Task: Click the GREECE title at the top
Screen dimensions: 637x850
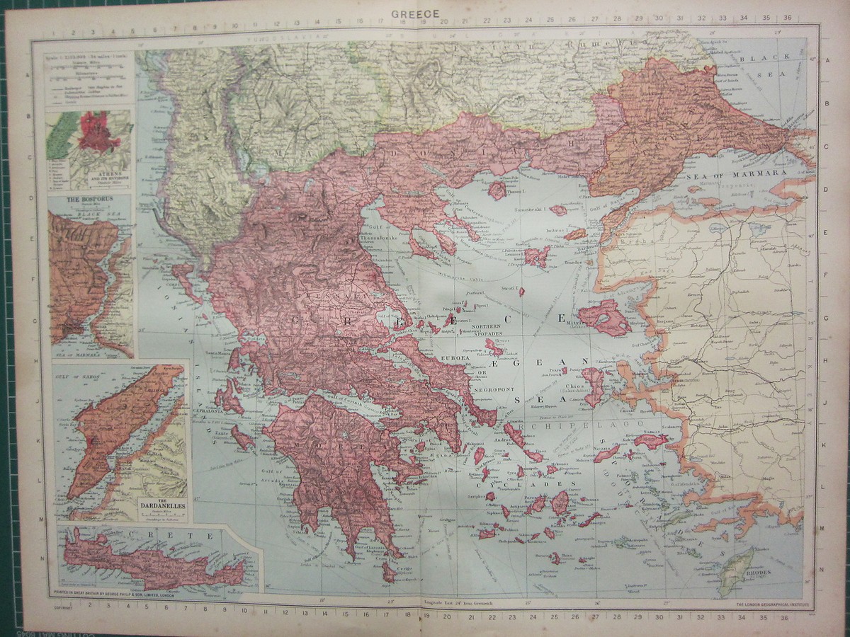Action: click(x=415, y=13)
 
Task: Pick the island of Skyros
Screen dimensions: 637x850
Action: click(x=494, y=347)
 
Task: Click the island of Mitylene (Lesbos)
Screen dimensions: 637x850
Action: click(x=603, y=318)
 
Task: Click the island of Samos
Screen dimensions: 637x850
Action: click(x=649, y=441)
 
